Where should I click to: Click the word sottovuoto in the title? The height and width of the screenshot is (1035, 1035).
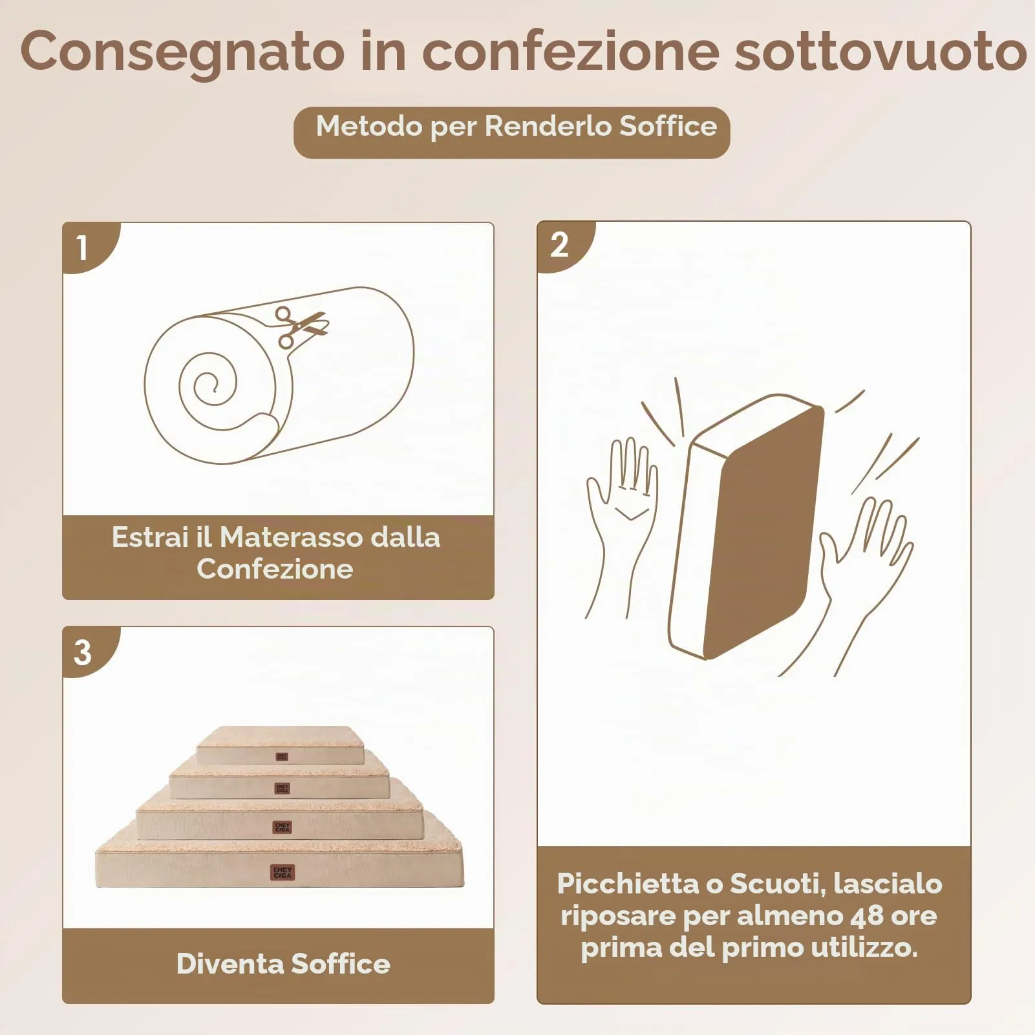(x=880, y=51)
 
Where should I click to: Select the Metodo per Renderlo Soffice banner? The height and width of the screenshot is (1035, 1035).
(x=512, y=133)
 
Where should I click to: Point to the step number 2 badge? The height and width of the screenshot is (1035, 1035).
(x=562, y=246)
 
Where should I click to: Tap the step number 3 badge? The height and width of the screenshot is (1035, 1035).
(x=88, y=652)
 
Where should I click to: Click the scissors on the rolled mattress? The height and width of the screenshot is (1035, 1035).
(x=301, y=326)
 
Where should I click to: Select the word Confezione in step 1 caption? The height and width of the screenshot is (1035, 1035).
(x=275, y=569)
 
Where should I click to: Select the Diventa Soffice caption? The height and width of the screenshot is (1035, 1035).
(x=283, y=964)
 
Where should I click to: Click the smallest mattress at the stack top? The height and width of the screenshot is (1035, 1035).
(x=280, y=745)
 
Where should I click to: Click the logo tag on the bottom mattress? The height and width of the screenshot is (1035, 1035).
(x=283, y=873)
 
